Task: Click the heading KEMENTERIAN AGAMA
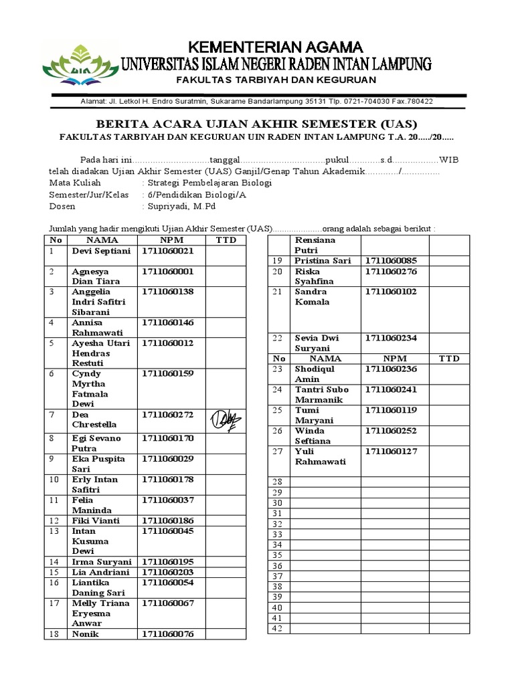[x=275, y=47]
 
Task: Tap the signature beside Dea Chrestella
[x=226, y=419]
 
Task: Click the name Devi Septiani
[x=101, y=251]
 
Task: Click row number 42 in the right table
[x=278, y=628]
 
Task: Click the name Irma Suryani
[x=101, y=562]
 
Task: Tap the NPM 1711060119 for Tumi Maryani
[x=391, y=409]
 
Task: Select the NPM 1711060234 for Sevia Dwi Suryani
[x=391, y=338]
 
